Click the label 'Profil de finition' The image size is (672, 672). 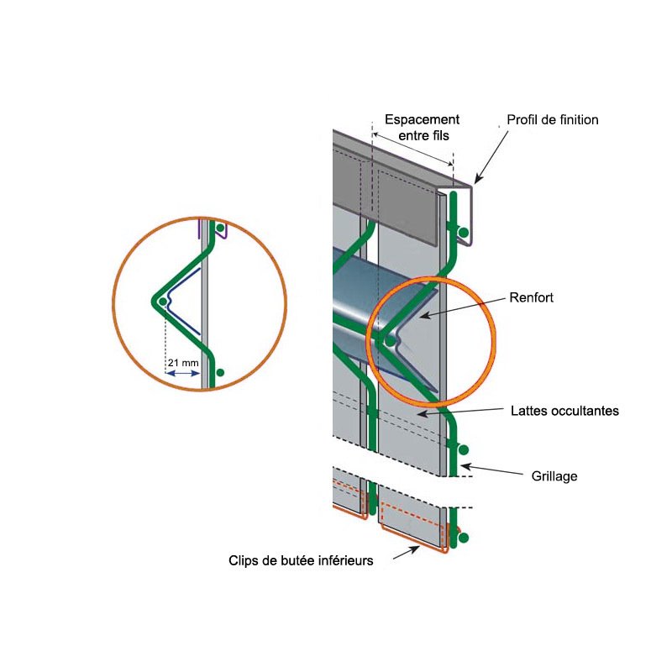(x=552, y=120)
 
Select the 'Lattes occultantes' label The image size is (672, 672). (x=564, y=411)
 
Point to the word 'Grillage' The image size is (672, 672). (x=554, y=476)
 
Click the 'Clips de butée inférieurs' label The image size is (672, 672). (x=301, y=560)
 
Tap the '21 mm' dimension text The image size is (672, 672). (x=183, y=363)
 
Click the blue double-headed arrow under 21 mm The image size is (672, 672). (x=184, y=375)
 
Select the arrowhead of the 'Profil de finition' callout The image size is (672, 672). (x=475, y=181)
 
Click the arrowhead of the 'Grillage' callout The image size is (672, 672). (x=463, y=465)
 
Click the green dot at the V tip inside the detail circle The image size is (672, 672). (x=161, y=301)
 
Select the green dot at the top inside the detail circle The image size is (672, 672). (x=220, y=228)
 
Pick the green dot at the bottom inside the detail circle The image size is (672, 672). (x=220, y=371)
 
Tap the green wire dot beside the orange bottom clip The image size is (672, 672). (x=463, y=537)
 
